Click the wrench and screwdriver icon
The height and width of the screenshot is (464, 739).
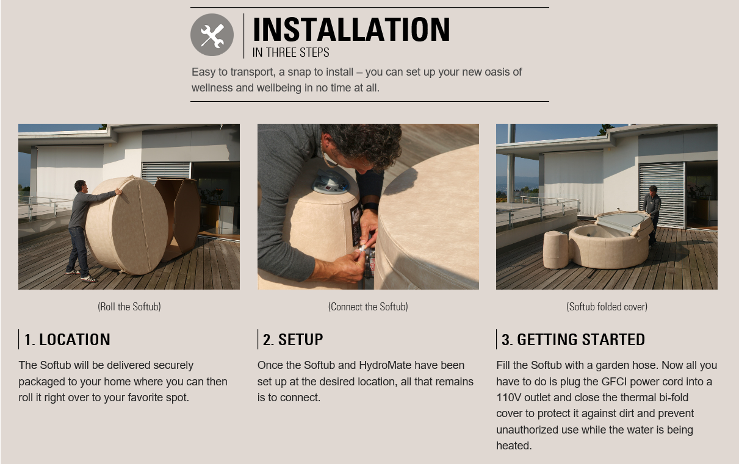[212, 35]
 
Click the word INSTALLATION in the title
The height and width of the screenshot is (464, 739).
[351, 30]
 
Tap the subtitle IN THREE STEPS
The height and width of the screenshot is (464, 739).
[290, 52]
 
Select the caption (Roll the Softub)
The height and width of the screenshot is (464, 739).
[129, 307]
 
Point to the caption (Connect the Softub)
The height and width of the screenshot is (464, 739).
[368, 307]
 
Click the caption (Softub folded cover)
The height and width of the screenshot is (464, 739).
[607, 307]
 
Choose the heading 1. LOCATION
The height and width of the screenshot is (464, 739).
[67, 340]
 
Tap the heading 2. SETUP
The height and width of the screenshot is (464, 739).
[293, 340]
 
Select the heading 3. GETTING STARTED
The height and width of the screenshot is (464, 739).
[573, 340]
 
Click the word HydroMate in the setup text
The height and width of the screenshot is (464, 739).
[385, 365]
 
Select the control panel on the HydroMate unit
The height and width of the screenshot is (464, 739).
[331, 181]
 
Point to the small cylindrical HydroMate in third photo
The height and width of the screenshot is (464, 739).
[555, 249]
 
